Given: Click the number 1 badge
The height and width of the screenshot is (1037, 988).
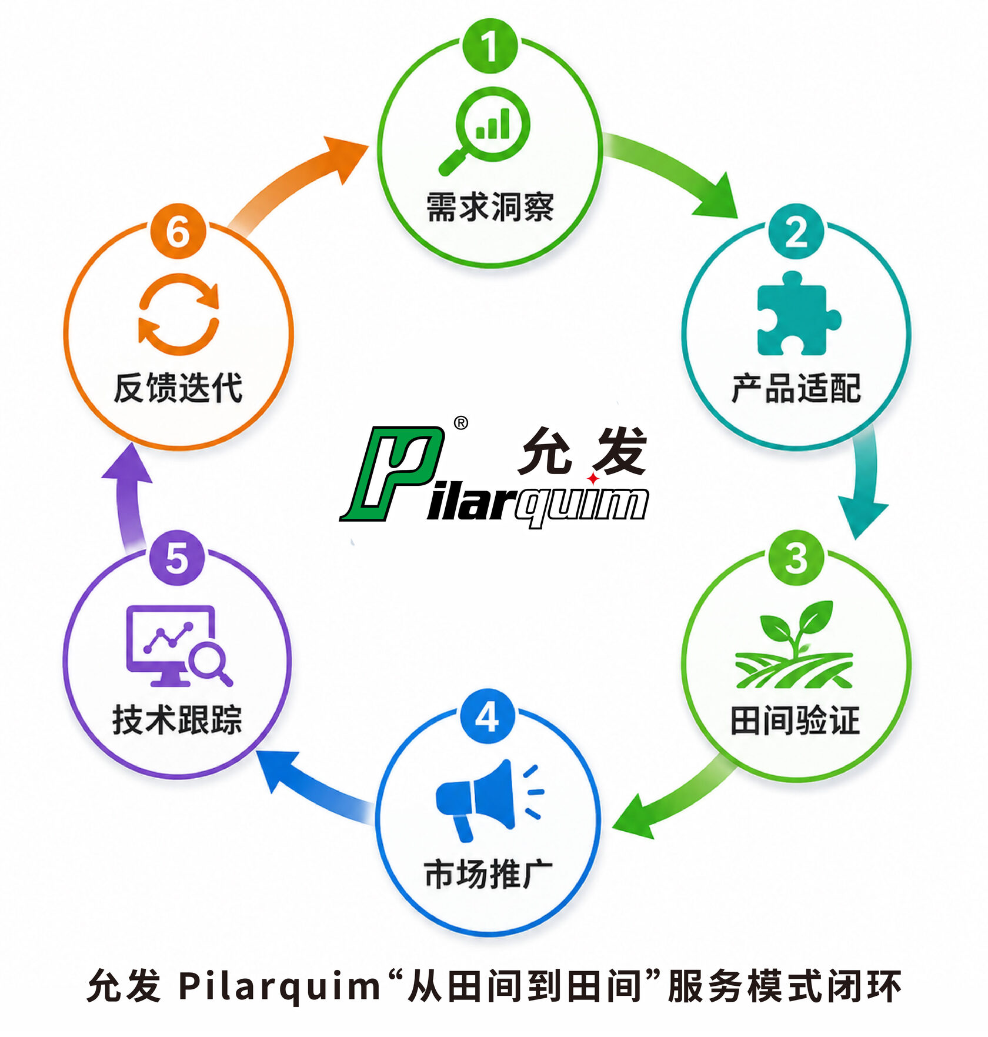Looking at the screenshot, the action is (x=490, y=46).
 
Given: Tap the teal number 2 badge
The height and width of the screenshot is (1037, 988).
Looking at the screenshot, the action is (x=796, y=232).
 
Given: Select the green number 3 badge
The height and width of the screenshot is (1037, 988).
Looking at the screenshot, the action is (x=796, y=558).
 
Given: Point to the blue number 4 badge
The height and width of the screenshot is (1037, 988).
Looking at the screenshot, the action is (x=488, y=716).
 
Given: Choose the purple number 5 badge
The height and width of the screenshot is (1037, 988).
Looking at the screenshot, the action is (x=177, y=558).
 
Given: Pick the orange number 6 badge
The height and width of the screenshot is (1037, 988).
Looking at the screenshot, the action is (x=178, y=231).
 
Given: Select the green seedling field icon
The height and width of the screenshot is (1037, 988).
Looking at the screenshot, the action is (x=793, y=645).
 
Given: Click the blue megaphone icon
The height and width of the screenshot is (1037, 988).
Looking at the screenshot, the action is (x=490, y=799).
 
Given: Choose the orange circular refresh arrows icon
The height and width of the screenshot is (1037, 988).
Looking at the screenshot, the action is (x=179, y=314).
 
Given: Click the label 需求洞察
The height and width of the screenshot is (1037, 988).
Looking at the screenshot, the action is (x=490, y=207).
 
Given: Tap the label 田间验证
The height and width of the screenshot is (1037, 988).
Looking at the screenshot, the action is (x=795, y=720).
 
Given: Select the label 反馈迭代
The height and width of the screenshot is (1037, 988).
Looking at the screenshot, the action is (x=178, y=388).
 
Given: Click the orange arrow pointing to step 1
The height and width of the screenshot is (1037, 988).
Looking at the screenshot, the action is (x=294, y=182).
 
